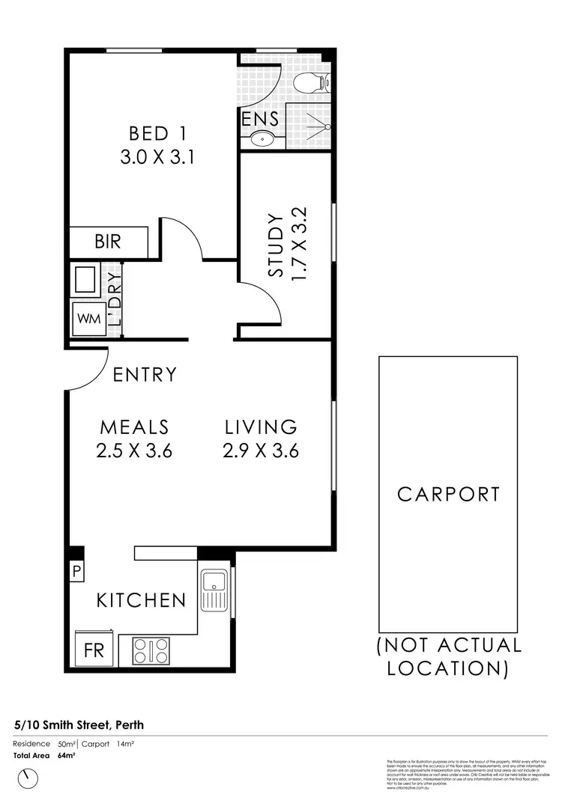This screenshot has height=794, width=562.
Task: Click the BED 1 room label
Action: pos(157,134)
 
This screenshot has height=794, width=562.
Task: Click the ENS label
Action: pos(260,118)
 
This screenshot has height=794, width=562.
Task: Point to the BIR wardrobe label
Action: pos(108,242)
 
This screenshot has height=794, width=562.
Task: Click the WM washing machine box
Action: pos(87,319)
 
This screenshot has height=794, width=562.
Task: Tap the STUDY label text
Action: pos(276,245)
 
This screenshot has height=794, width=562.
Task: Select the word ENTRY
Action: pos(145,374)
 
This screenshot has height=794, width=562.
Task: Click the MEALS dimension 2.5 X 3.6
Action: pos(136,451)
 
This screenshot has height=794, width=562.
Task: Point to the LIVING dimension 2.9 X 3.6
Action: pos(262,451)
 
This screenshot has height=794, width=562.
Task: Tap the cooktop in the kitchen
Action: pos(151,650)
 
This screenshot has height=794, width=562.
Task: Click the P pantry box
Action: pos(76,572)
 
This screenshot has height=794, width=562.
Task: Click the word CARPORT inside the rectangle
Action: pos(448,494)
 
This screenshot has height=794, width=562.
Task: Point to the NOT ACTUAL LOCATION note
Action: pos(448,656)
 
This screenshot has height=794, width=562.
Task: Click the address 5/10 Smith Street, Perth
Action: pos(79,724)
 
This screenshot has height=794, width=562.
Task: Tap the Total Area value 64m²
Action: pos(67,755)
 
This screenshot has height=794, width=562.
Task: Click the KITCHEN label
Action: pos(141,599)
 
